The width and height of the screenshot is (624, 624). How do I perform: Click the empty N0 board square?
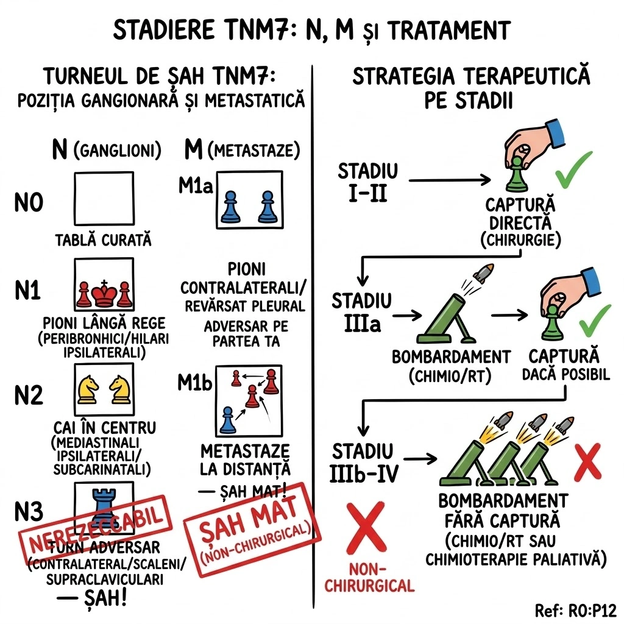coord(104,199)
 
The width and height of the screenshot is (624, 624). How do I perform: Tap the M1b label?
coord(196,384)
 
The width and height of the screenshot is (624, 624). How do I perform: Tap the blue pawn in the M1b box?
coord(228,420)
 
